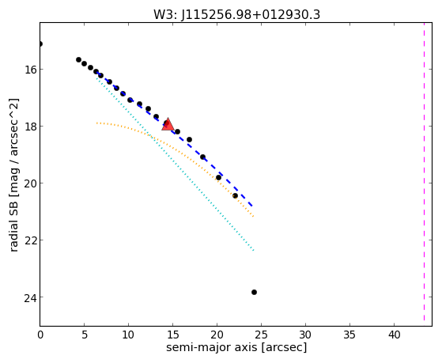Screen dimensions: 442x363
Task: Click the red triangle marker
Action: point(168,124)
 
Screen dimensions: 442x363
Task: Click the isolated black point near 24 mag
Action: point(254,292)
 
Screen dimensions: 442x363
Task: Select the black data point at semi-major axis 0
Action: point(40,43)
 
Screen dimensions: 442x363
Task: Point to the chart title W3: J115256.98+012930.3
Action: point(236,15)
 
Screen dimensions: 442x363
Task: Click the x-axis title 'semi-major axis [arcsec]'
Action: point(236,347)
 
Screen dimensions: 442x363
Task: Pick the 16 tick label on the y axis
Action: point(29,70)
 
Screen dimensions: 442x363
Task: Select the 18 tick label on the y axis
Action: point(29,127)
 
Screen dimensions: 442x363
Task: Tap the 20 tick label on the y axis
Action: point(29,183)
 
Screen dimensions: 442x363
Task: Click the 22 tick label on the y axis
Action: point(29,240)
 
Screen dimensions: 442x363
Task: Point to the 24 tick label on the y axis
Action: point(29,297)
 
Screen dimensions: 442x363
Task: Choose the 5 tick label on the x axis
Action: point(85,335)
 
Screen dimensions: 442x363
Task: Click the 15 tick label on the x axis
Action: point(172,335)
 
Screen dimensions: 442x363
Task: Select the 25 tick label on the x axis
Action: point(261,335)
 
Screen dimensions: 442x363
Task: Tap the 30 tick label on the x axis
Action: point(305,335)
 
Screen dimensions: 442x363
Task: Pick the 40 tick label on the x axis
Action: point(394,335)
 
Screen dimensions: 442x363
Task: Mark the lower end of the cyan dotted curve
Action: point(254,250)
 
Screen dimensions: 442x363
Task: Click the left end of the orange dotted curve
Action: point(96,123)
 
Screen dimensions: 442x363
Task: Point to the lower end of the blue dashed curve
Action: point(252,206)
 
